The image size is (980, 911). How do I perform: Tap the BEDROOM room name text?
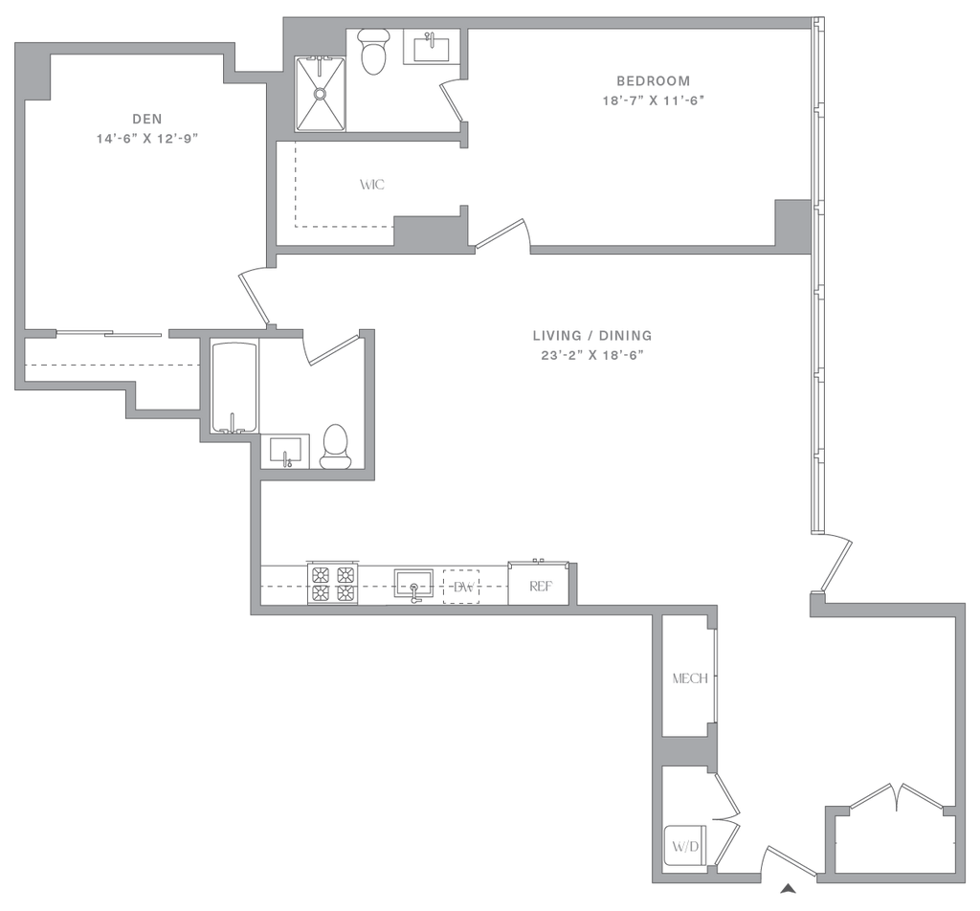point(654,80)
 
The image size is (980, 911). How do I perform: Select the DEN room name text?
point(146,120)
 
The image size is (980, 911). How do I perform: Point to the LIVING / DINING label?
point(593,336)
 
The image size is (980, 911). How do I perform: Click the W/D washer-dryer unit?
point(683,847)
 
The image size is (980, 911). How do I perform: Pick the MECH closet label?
point(689,678)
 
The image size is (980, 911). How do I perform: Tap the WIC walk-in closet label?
point(373,185)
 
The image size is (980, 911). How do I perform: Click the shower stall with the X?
point(321,92)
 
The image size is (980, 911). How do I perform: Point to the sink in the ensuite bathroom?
point(429,45)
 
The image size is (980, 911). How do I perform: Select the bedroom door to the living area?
point(502,235)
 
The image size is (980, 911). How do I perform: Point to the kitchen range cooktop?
point(332,582)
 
